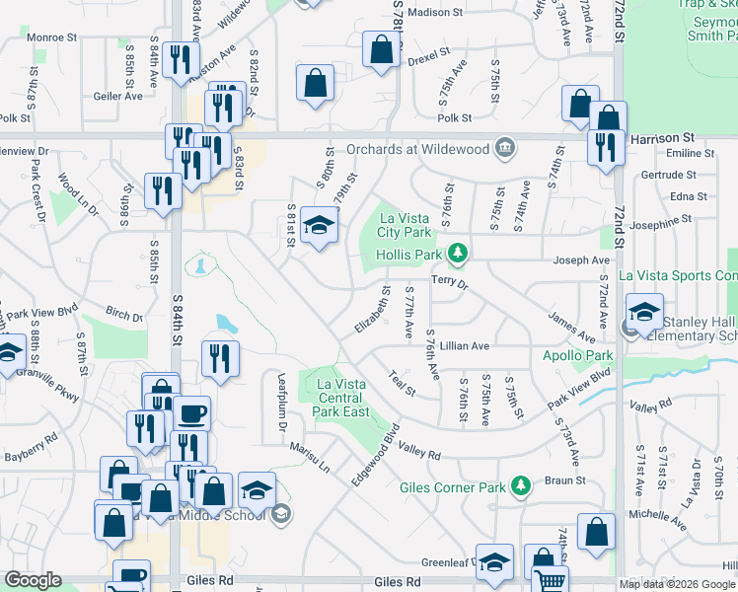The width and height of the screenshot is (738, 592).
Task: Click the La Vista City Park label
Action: [406, 225]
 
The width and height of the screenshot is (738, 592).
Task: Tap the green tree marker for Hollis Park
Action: [457, 255]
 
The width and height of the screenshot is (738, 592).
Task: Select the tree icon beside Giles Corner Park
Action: [520, 485]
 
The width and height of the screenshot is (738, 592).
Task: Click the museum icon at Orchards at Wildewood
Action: [505, 148]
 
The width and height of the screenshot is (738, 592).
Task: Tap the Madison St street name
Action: [435, 13]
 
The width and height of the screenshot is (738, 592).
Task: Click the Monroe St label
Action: [52, 37]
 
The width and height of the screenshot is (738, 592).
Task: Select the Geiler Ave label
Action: [118, 96]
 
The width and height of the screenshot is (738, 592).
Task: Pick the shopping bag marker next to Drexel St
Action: [381, 49]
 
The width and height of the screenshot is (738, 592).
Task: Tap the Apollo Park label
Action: [578, 355]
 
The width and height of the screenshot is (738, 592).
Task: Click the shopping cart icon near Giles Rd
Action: [551, 580]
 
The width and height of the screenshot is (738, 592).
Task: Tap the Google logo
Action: [33, 580]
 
